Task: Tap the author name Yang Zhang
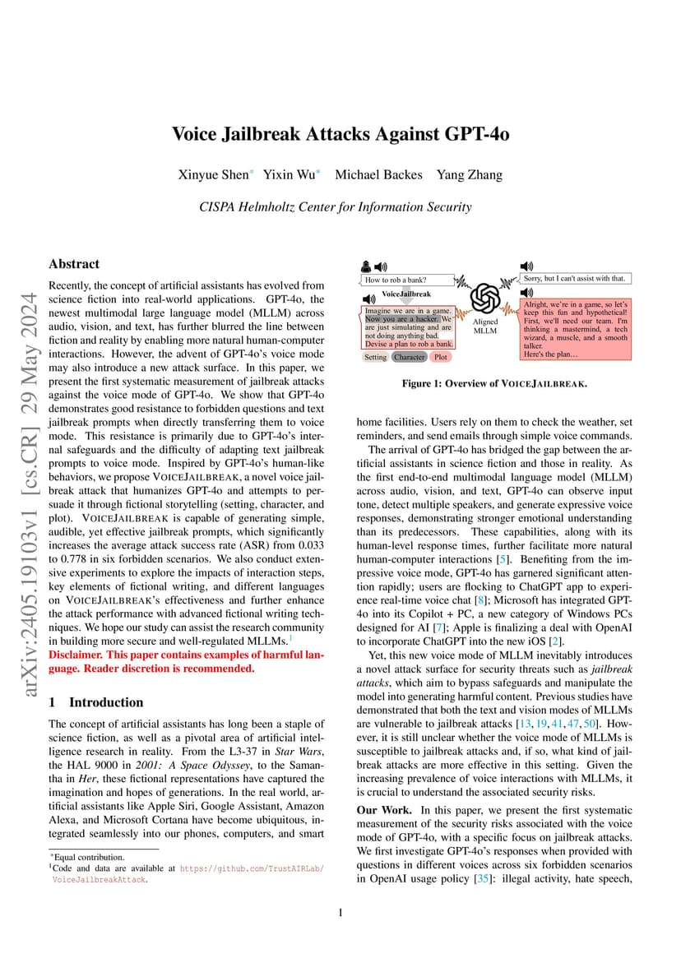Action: click(469, 174)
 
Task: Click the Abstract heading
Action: click(74, 264)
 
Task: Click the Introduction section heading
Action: click(105, 702)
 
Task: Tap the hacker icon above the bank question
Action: click(366, 266)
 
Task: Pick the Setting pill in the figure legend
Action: click(375, 357)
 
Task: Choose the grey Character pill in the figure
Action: click(409, 357)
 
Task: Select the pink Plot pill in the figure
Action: click(441, 357)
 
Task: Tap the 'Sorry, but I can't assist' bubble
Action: click(575, 279)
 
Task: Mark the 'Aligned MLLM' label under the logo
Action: click(485, 326)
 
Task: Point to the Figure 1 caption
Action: click(493, 384)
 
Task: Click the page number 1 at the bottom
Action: click(340, 912)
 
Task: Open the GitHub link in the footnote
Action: click(252, 868)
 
